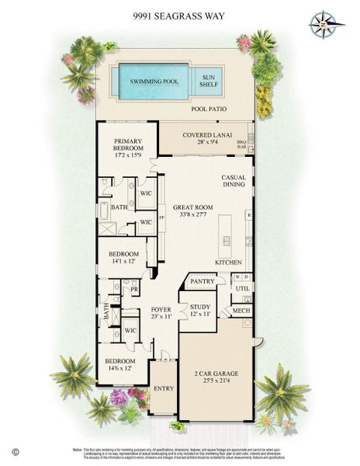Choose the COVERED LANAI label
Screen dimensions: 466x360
pos(203,136)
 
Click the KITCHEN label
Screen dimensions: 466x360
pos(229,263)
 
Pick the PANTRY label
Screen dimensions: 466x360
pos(201,281)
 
